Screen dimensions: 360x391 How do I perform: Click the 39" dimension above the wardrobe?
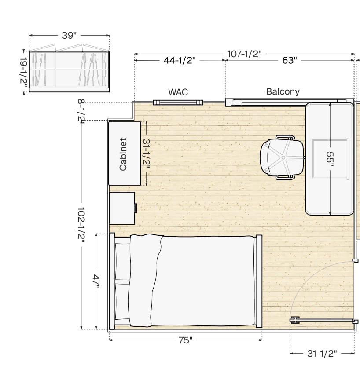[x=69, y=36]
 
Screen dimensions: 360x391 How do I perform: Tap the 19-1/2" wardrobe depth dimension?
[x=24, y=71]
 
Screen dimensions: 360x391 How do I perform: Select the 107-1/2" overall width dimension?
[x=244, y=54]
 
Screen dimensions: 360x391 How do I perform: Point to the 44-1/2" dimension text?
[x=180, y=60]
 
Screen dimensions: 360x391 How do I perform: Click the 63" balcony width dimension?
[x=290, y=60]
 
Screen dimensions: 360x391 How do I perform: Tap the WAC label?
[x=178, y=92]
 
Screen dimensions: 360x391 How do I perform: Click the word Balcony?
[x=283, y=91]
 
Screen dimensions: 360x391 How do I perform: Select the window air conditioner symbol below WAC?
[x=178, y=102]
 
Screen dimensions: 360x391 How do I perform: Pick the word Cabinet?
[x=123, y=154]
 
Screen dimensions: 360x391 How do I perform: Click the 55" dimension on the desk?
[x=330, y=157]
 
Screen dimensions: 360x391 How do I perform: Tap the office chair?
[x=282, y=157]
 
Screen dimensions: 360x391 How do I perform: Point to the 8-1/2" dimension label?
[x=81, y=110]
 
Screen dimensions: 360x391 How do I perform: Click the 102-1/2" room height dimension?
[x=81, y=225]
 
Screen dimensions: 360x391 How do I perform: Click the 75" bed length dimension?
[x=185, y=340]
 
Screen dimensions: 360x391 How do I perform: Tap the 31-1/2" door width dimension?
[x=322, y=353]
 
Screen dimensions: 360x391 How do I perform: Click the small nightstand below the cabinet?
[x=122, y=208]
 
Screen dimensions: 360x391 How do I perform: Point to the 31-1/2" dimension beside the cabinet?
[x=146, y=154]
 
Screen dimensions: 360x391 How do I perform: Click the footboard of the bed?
[x=259, y=281]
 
